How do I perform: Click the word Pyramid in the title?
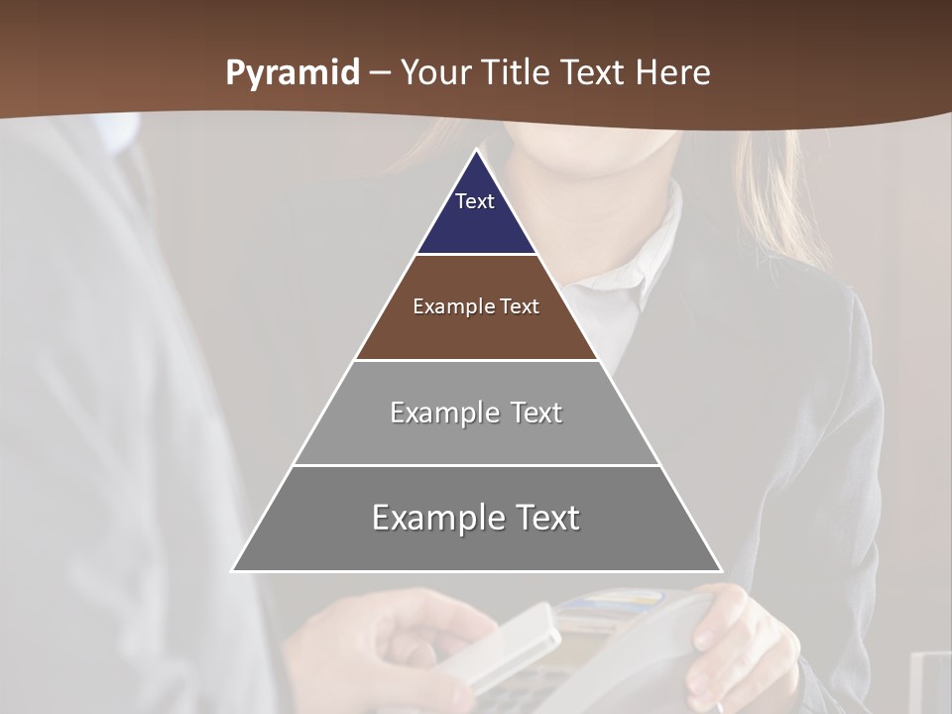(x=293, y=73)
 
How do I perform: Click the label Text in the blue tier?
(x=475, y=201)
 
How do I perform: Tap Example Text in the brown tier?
(x=476, y=306)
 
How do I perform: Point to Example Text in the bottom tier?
(x=476, y=518)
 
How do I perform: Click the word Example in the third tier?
(x=432, y=413)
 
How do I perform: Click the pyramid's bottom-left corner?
(x=233, y=570)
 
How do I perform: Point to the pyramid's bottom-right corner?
(x=721, y=570)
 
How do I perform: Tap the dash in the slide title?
(x=380, y=73)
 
